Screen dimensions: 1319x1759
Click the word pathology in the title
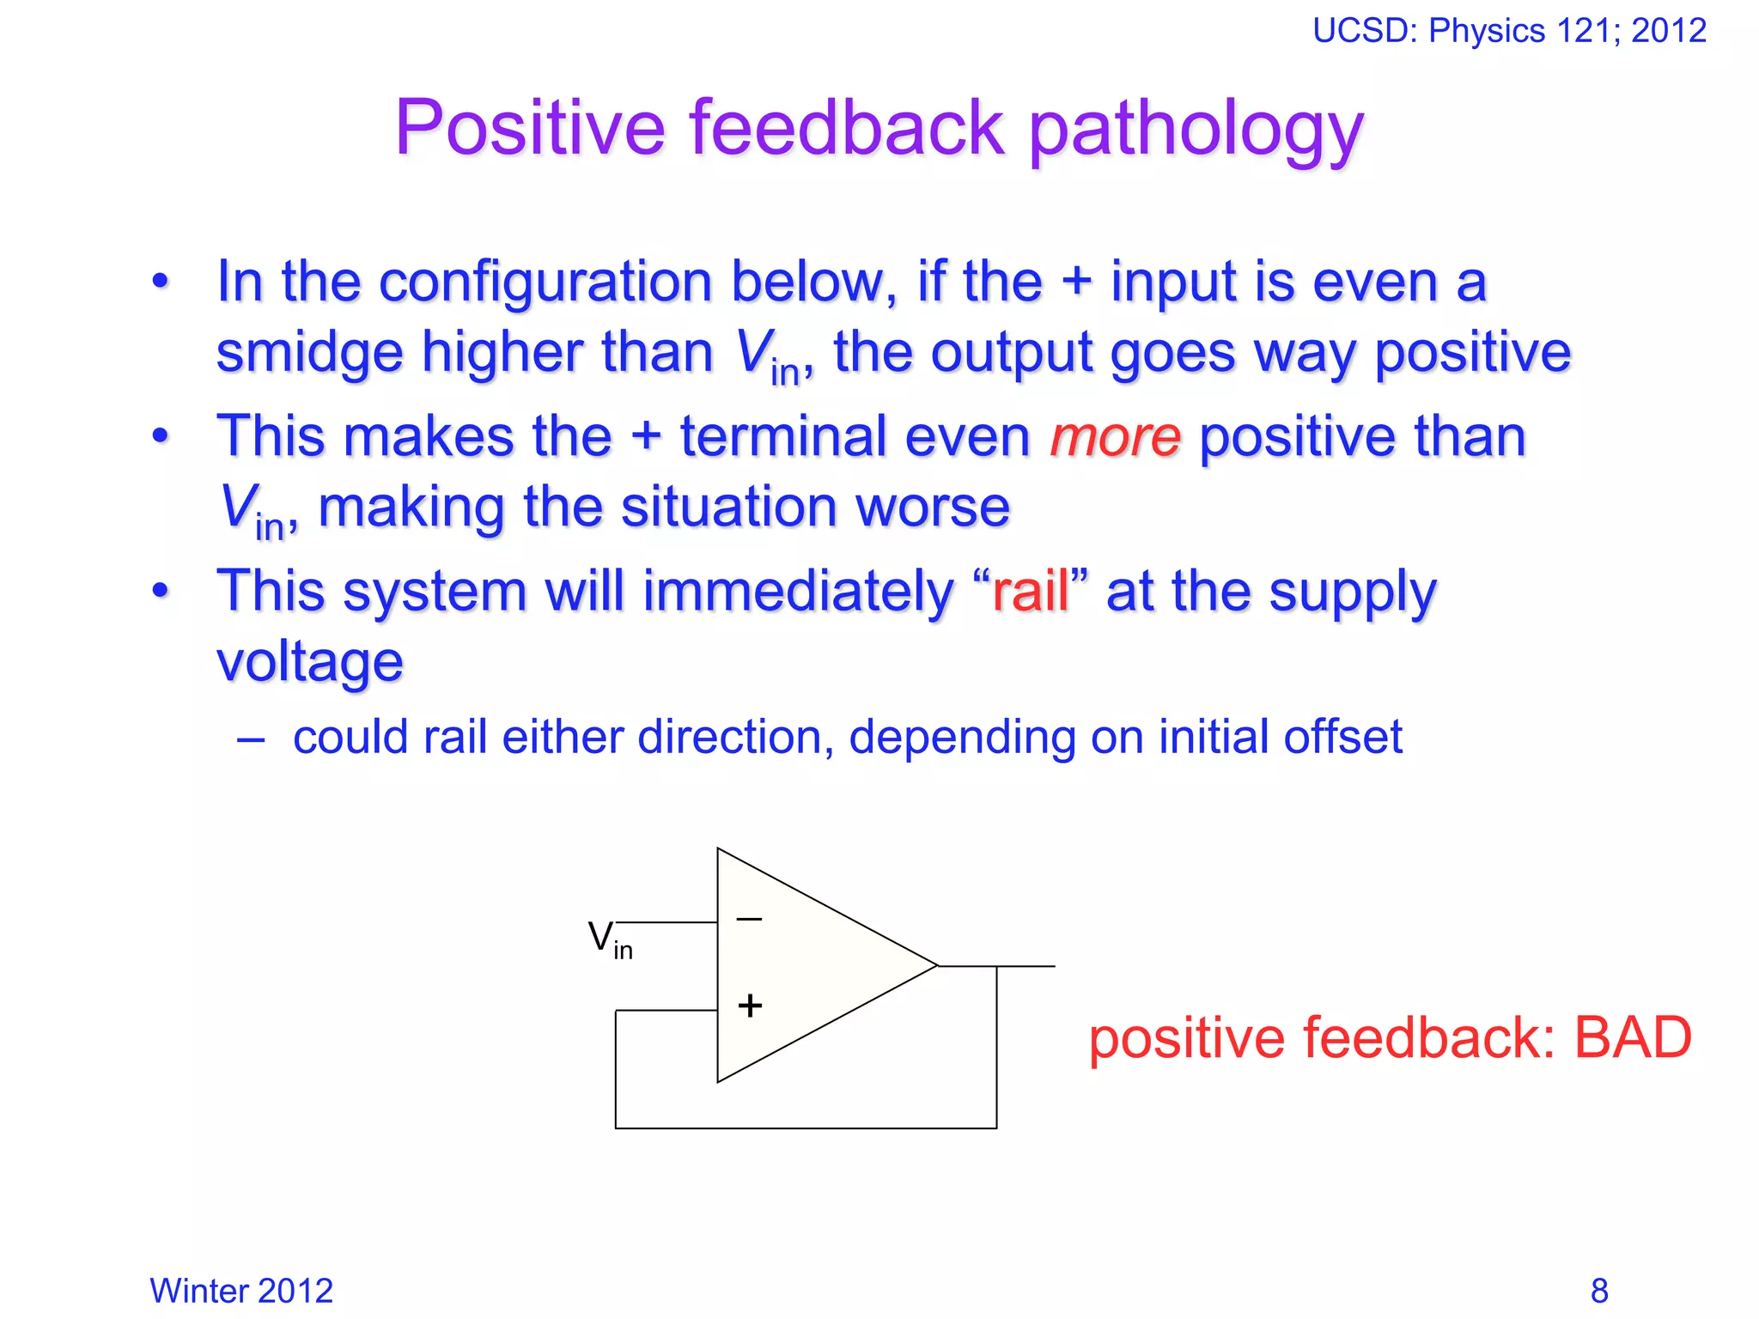point(1196,129)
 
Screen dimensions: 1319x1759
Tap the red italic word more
point(1115,437)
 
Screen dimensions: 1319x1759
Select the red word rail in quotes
point(1031,592)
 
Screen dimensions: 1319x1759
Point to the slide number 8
point(1599,1291)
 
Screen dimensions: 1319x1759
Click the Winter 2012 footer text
point(241,1291)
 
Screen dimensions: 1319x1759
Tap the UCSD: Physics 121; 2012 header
point(1509,31)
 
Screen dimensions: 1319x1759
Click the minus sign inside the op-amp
point(749,920)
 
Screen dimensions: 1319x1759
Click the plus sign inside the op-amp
point(750,1006)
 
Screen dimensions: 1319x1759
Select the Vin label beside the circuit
point(609,939)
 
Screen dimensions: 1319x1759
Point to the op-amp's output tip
point(936,966)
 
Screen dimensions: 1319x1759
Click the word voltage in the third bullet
point(309,662)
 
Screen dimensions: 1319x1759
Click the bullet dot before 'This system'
point(161,591)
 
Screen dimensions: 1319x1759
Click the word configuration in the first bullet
point(545,283)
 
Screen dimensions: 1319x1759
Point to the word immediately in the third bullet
point(798,592)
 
